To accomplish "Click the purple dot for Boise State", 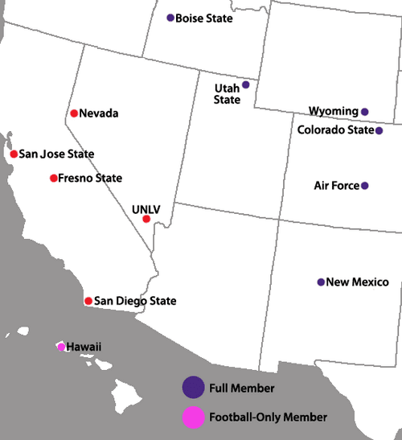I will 170,18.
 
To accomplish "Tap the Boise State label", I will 204,18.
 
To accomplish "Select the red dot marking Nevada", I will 74,113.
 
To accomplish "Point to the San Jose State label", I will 56,154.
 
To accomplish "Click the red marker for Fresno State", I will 54,178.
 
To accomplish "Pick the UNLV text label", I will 146,209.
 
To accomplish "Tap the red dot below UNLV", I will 146,219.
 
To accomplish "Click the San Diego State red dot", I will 88,301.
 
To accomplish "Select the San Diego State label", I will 135,301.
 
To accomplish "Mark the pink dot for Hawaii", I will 60,347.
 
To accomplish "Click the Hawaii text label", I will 84,347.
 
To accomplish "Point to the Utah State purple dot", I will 246,84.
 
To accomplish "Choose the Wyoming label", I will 333,111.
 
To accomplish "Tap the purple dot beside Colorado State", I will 379,130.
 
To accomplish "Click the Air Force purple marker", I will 365,186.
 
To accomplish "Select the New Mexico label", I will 358,282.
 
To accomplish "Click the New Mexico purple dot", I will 321,282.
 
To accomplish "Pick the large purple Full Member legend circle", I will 192,388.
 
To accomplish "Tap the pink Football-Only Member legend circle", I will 192,417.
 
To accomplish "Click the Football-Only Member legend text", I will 268,417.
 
